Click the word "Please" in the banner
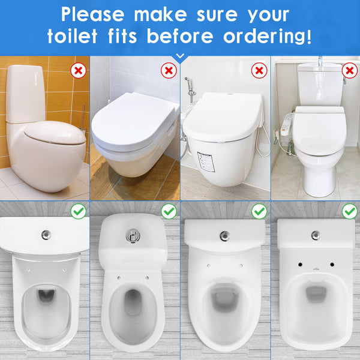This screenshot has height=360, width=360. pos(92,14)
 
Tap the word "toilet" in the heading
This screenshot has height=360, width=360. pos(73,36)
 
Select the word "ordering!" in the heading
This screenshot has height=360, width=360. pos(267,37)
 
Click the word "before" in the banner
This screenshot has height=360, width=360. pos(180,36)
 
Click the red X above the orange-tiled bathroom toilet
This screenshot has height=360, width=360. pos(78,70)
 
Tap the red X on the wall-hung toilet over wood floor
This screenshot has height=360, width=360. pos(169,70)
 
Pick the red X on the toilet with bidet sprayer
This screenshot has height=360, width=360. pos(259,70)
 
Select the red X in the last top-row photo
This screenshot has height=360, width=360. pos(350,70)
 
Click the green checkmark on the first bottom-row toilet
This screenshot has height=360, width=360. pos(78,211)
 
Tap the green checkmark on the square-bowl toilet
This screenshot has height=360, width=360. pos(350,211)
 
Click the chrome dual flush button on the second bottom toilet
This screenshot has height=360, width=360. pos(133,236)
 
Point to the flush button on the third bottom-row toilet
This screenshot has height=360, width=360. pos(225,236)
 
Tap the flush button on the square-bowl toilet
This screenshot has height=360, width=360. pos(316,236)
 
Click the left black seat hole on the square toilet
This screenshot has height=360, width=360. pos(300,265)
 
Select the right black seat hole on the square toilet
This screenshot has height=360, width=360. pos(332,265)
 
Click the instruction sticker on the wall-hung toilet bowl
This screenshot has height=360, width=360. pos(206,161)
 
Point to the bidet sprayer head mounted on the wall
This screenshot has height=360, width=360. pos(188,82)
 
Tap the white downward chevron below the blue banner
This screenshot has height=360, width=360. pos(180,56)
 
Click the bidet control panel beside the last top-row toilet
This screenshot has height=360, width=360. pos(286,124)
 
